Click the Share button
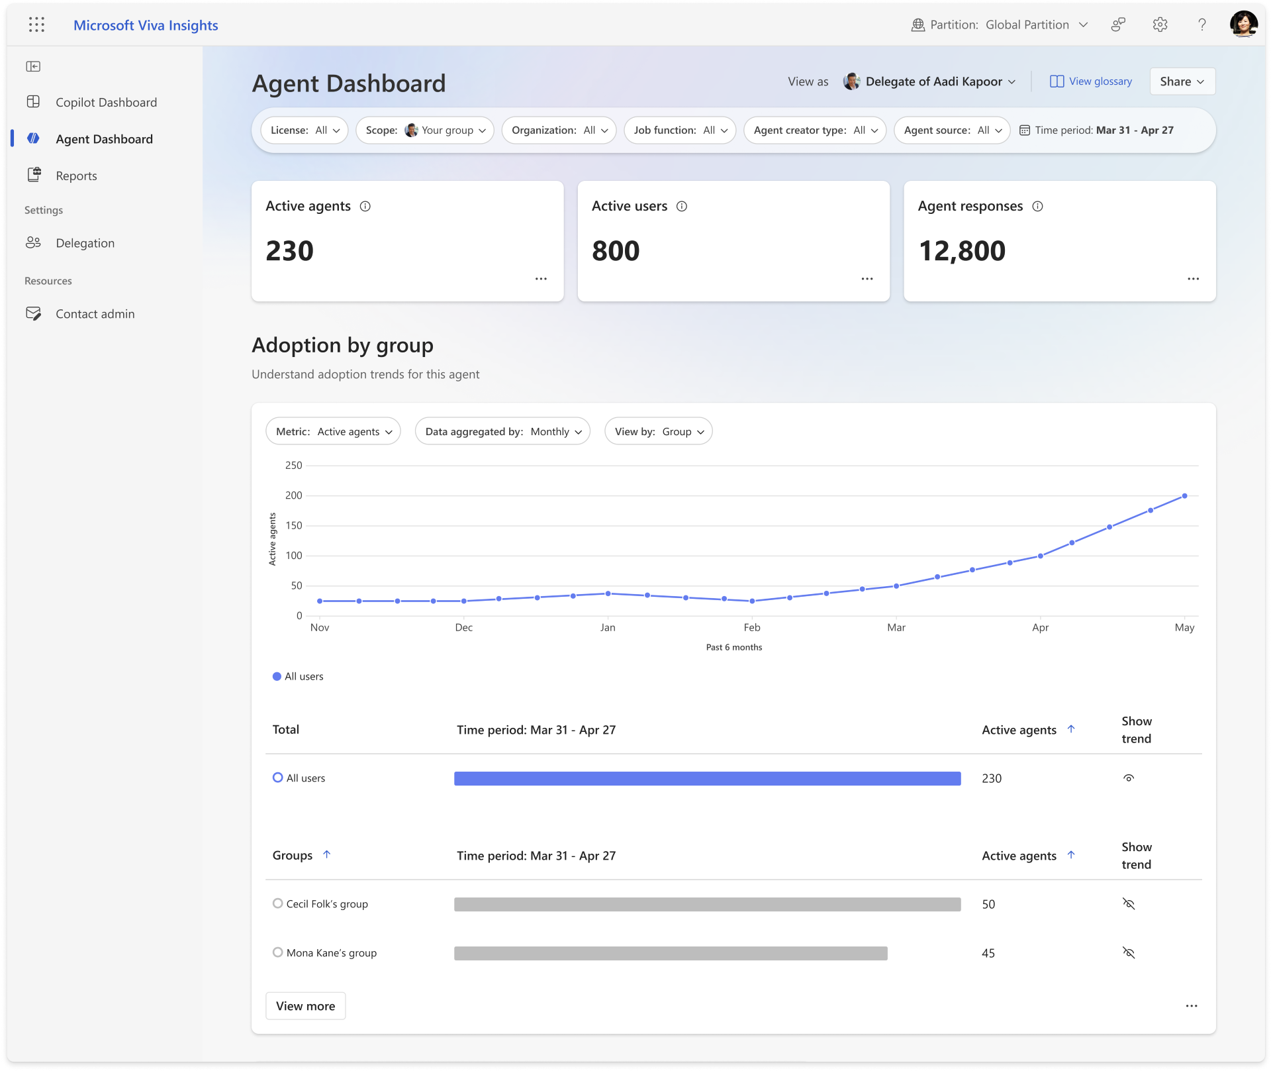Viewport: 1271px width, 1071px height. point(1182,81)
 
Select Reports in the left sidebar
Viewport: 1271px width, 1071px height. point(76,176)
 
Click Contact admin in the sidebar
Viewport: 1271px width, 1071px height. point(95,314)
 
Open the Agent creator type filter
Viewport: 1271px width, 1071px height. point(815,130)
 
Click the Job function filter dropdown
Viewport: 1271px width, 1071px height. point(680,130)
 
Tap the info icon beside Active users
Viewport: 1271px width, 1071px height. point(682,207)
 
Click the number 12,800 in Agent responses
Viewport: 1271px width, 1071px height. point(962,251)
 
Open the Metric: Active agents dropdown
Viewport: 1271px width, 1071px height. point(333,432)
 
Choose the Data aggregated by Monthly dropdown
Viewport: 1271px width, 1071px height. point(502,432)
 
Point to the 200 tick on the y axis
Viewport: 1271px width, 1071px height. point(293,495)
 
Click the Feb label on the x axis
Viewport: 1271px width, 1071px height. point(752,627)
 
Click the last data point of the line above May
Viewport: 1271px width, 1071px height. point(1184,495)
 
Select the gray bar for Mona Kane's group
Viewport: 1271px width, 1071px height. point(670,953)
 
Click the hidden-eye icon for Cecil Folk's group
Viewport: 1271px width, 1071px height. point(1129,904)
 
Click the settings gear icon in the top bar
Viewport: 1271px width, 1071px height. point(1160,25)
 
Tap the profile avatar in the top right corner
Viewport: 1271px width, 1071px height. point(1243,25)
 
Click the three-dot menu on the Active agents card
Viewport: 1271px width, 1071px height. point(541,279)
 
